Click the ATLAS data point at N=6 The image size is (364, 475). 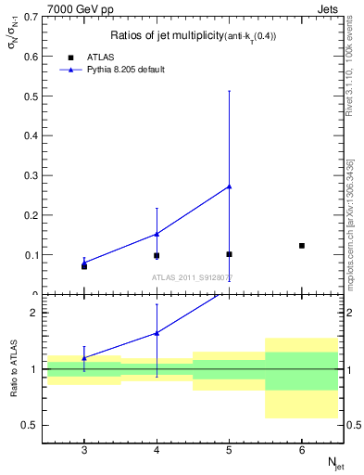[x=302, y=246]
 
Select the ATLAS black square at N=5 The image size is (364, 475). [x=229, y=254]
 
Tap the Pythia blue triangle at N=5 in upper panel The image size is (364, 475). [x=229, y=186]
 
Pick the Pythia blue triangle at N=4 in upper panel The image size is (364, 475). [x=157, y=234]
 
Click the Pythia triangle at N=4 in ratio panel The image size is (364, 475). [x=157, y=332]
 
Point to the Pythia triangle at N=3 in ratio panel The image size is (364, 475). [x=84, y=357]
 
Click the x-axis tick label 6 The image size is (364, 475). [x=302, y=449]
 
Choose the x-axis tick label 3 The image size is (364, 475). [x=84, y=449]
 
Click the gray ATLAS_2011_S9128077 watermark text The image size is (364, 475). [x=193, y=276]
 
